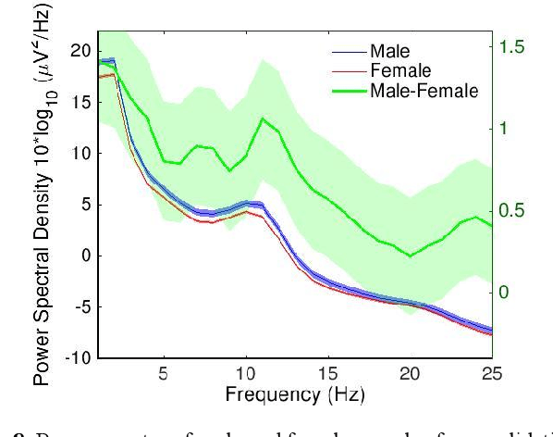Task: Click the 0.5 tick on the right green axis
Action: click(x=510, y=210)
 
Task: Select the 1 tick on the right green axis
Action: click(x=504, y=128)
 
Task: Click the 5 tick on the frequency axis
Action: click(x=164, y=375)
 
